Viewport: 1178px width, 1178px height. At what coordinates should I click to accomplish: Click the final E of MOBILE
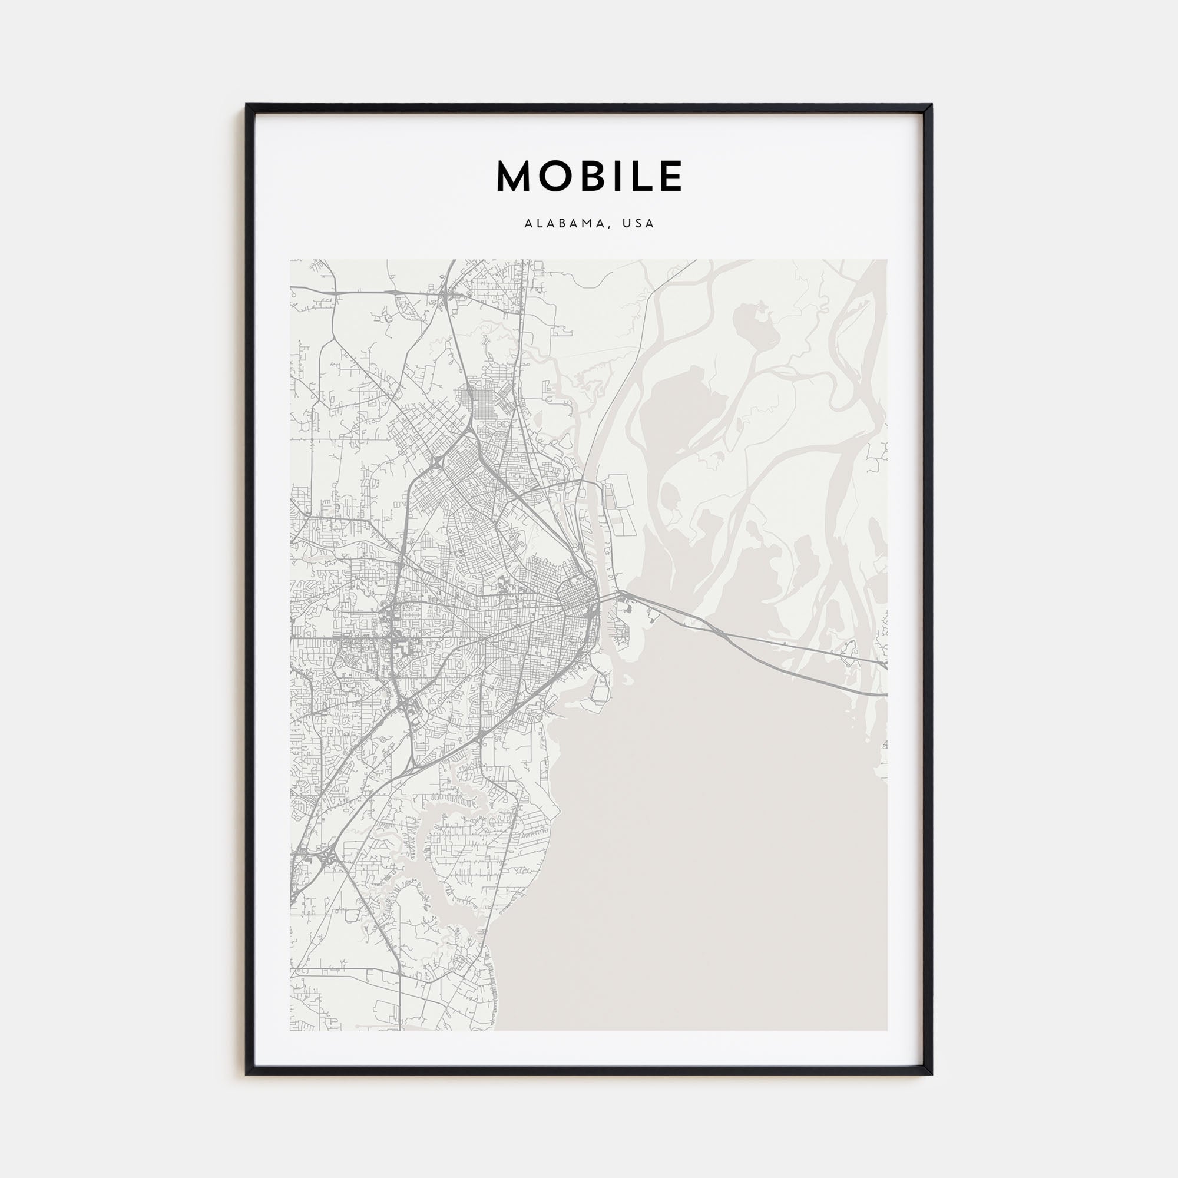(x=671, y=177)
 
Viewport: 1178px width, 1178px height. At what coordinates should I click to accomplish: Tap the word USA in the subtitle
(x=639, y=224)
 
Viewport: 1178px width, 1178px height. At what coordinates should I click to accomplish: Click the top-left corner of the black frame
(x=246, y=105)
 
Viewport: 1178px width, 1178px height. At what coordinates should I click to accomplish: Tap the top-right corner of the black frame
(x=932, y=105)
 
